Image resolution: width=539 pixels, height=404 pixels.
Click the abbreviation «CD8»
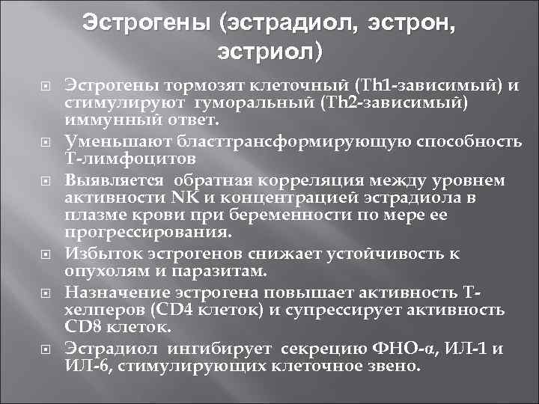click(82, 327)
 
